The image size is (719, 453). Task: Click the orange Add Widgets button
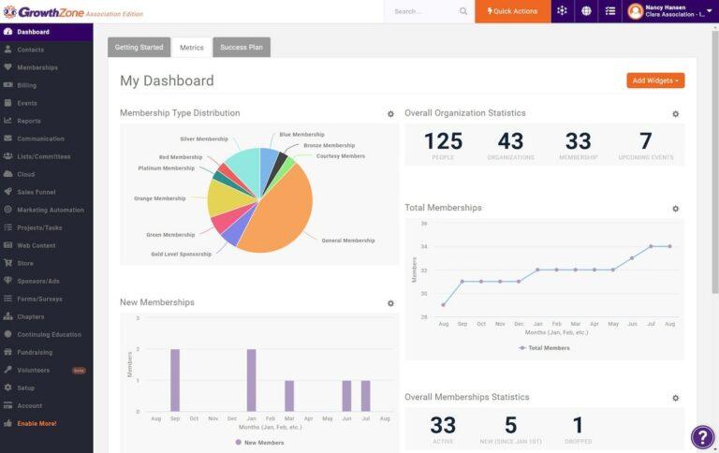655,80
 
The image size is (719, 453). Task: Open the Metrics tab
192,47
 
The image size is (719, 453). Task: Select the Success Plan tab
242,47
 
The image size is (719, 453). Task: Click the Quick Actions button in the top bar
513,11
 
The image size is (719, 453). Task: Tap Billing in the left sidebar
26,85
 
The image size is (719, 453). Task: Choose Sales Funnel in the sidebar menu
36,192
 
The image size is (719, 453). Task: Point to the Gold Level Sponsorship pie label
182,254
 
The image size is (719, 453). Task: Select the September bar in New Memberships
175,380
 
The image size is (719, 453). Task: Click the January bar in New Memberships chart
251,380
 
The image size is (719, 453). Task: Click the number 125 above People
443,141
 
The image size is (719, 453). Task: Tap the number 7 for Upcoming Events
645,141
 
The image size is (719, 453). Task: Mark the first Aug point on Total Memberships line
443,304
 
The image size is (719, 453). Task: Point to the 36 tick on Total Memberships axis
423,224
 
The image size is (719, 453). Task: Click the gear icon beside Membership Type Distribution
390,114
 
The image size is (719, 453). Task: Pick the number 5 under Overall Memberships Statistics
510,425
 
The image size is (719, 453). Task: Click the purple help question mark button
702,437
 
